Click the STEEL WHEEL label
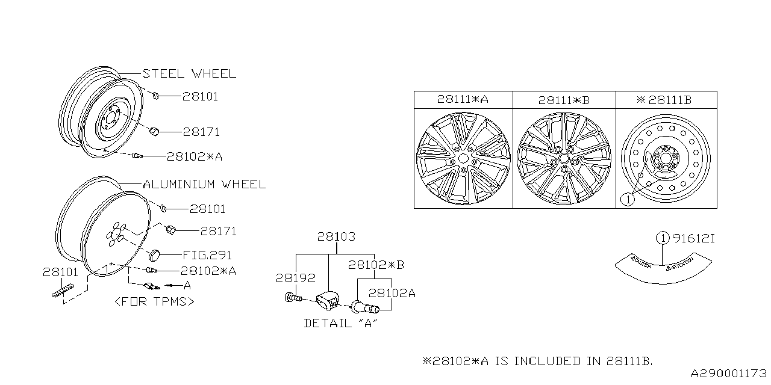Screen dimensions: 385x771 [189, 73]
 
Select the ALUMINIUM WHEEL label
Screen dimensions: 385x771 [204, 184]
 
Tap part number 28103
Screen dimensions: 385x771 [336, 237]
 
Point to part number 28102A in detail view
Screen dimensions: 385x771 [392, 293]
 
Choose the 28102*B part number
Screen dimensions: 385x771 [376, 265]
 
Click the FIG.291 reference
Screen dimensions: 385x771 [207, 255]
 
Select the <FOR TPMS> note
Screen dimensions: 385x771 [154, 301]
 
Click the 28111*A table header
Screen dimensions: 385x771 [463, 100]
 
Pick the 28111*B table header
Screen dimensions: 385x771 [564, 100]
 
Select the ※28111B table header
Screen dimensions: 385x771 [666, 100]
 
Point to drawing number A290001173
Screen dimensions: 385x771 [728, 374]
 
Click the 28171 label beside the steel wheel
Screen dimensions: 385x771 [201, 132]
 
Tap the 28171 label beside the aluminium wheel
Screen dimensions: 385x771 [218, 231]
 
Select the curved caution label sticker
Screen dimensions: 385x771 [661, 265]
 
